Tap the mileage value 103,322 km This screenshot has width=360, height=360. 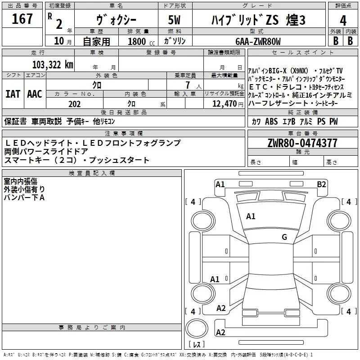(52, 65)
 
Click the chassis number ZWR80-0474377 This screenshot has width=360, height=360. (302, 144)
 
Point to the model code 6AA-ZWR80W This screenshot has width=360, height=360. (258, 41)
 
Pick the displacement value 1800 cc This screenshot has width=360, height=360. (137, 41)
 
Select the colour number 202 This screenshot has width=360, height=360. (74, 104)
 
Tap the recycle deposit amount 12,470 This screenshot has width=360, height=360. (224, 104)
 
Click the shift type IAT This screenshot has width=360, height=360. (13, 94)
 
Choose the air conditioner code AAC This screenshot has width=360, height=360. (35, 94)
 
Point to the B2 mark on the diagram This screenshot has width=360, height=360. (321, 184)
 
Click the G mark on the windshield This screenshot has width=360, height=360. (284, 237)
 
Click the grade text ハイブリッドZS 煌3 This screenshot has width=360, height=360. (258, 20)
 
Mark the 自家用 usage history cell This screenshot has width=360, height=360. (97, 41)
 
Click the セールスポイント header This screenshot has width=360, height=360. (297, 53)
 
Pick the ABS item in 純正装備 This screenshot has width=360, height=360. (271, 121)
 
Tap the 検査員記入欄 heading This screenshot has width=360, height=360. (92, 173)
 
